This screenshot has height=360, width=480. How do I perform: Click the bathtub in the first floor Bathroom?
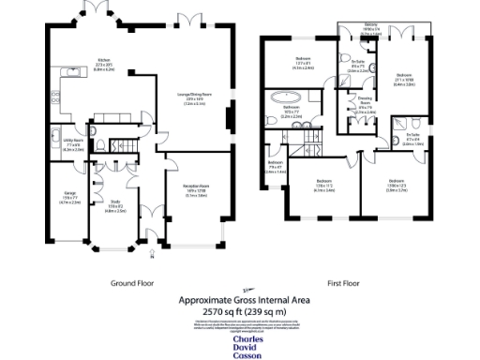tap(284, 98)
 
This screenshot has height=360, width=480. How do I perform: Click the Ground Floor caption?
tap(131, 281)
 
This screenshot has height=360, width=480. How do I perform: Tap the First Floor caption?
tap(345, 281)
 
